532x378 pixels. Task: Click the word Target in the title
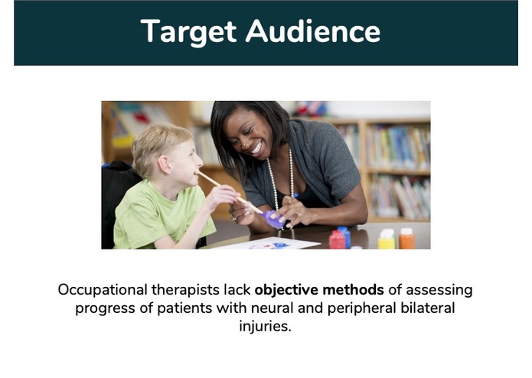coord(188,31)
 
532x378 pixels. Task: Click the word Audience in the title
coord(313,31)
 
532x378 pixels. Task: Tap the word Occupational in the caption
coord(103,290)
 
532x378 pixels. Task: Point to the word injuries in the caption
coord(265,326)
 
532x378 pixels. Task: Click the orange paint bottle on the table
coord(407,239)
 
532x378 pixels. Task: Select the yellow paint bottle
coord(387,240)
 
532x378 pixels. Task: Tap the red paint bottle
coord(338,240)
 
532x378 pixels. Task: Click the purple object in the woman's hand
coord(273,220)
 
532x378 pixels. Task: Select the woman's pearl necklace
coord(276,187)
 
